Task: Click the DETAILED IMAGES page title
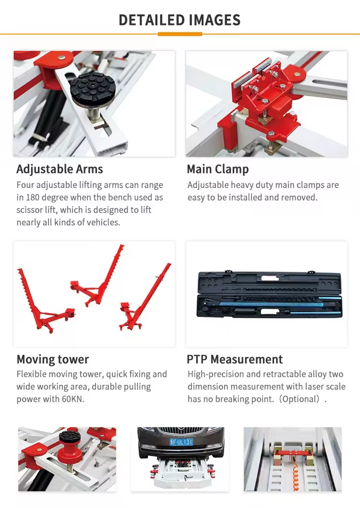click(180, 20)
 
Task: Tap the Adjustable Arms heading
click(60, 169)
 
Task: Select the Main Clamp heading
click(218, 169)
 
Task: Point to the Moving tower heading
click(53, 359)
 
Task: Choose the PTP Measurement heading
click(235, 359)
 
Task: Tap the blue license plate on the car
click(181, 442)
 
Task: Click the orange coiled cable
click(295, 476)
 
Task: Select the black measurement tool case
click(269, 295)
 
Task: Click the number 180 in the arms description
click(33, 197)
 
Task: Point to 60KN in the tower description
click(73, 399)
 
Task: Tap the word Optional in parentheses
click(301, 399)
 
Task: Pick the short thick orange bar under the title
click(180, 34)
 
